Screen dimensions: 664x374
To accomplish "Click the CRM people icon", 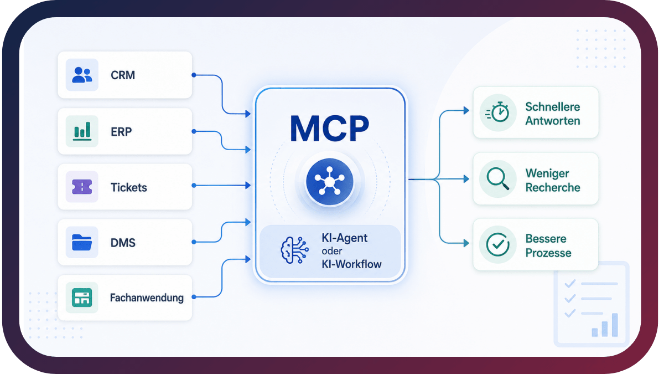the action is pos(82,75).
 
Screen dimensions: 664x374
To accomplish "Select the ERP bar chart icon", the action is pos(82,131).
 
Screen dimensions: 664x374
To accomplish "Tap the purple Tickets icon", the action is pos(82,187).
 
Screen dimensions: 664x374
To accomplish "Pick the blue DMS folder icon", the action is pos(82,243).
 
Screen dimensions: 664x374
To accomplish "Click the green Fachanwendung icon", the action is pos(82,298).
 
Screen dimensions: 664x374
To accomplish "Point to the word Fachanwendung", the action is pos(147,298).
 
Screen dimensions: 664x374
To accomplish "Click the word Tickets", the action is pos(128,188).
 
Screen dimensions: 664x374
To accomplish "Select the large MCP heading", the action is pos(330,128).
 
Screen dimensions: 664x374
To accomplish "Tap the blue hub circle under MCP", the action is pos(330,182).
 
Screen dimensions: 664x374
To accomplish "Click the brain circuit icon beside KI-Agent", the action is pos(294,250).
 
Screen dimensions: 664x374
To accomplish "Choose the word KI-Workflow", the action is pos(351,264).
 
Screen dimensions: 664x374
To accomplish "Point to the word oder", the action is pos(332,251).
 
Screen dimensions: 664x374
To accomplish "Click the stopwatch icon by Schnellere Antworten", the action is pos(497,112).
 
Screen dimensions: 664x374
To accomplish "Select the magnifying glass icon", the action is pos(498,178).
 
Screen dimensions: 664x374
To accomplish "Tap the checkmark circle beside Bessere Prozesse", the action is pos(498,244).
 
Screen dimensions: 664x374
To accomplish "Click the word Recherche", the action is pos(553,188).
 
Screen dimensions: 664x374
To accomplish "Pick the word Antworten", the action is pos(553,121).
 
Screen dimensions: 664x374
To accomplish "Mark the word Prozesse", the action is pos(548,253).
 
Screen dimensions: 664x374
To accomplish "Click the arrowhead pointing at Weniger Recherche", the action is pos(466,178).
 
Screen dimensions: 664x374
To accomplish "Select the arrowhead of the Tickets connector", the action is pos(248,186).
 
